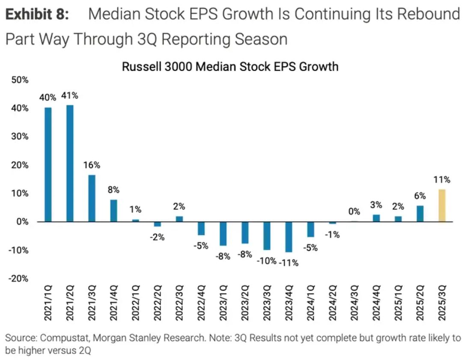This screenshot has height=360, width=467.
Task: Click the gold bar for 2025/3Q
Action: pos(442,206)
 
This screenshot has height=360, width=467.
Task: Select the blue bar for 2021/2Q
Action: pos(70,164)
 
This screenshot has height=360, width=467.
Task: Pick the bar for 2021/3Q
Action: pos(92,198)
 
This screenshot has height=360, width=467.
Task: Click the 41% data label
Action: pos(70,95)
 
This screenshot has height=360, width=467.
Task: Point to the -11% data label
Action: pos(289,262)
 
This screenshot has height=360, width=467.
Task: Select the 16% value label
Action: pos(92,165)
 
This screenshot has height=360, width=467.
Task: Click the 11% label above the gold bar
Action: pos(442,180)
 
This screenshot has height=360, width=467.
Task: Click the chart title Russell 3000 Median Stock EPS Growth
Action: pos(230,67)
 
